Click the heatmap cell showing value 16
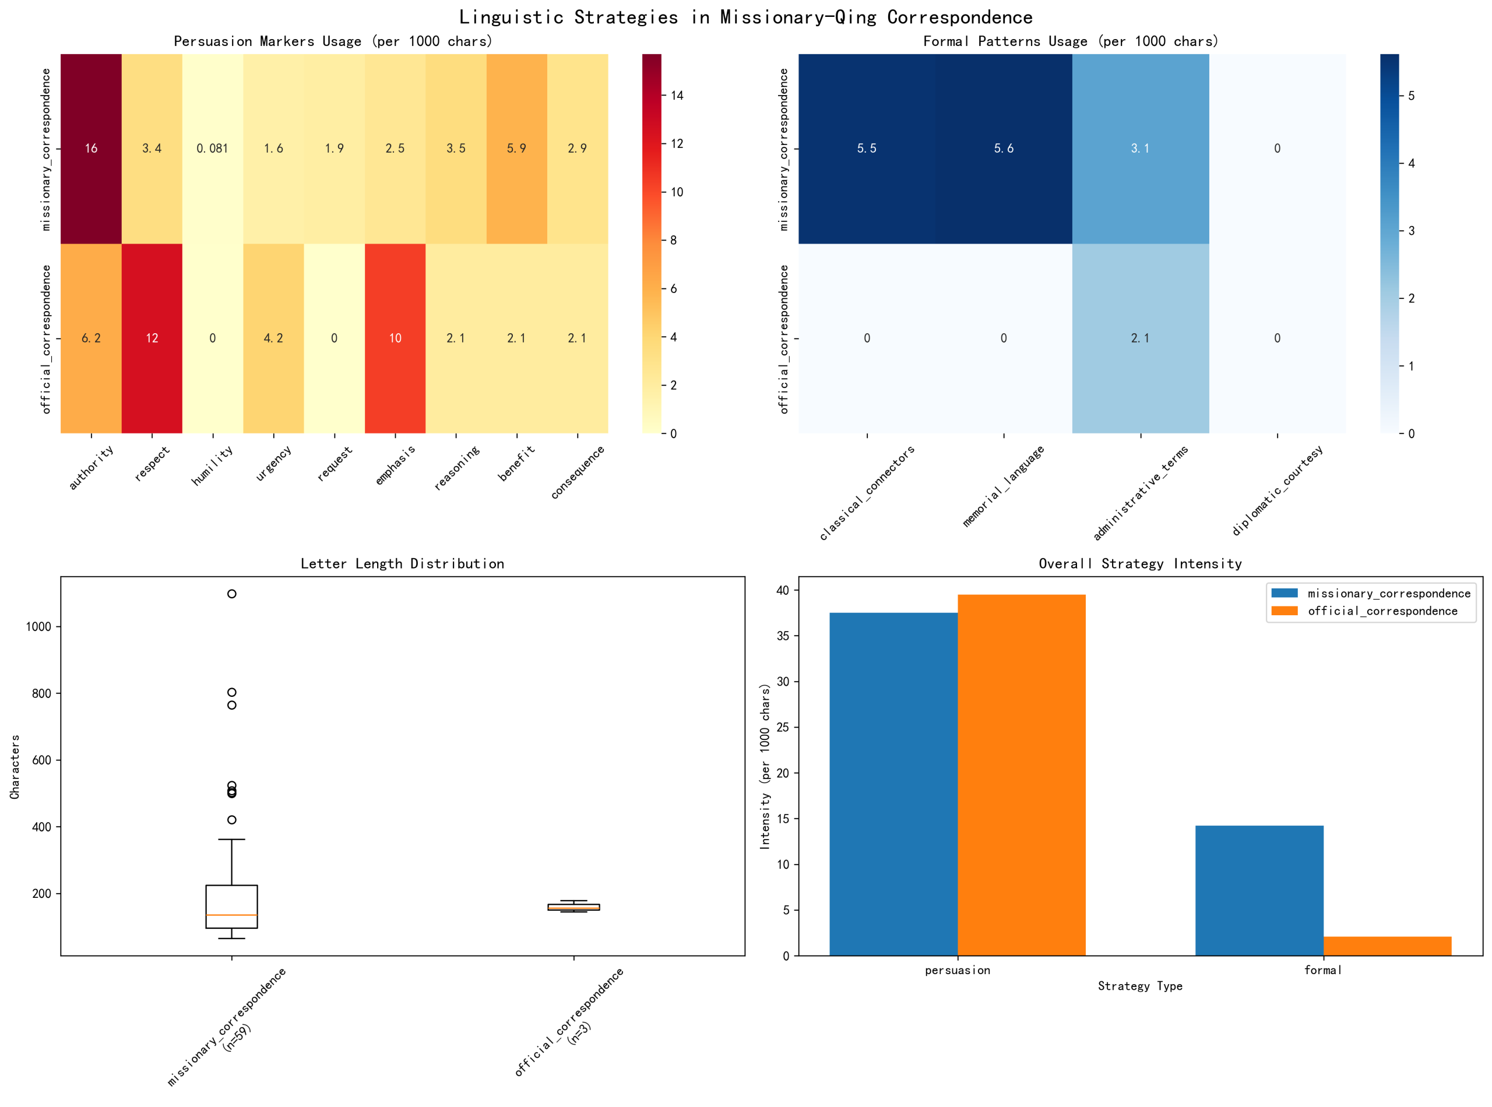coord(91,148)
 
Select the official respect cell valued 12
coord(152,338)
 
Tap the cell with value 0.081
coord(213,148)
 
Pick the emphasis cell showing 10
coord(395,338)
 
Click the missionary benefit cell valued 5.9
coord(516,148)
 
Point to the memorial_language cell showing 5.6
coord(1004,148)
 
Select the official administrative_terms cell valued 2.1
coord(1140,338)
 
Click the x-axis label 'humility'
coord(213,465)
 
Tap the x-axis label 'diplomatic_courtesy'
coord(1277,490)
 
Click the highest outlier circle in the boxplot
coord(231,594)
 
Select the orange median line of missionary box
coord(231,915)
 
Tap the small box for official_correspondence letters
coord(573,907)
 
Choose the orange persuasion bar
coord(1021,774)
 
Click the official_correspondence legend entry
coord(1381,611)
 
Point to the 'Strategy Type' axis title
coord(1139,986)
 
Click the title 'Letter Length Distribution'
coord(402,563)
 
